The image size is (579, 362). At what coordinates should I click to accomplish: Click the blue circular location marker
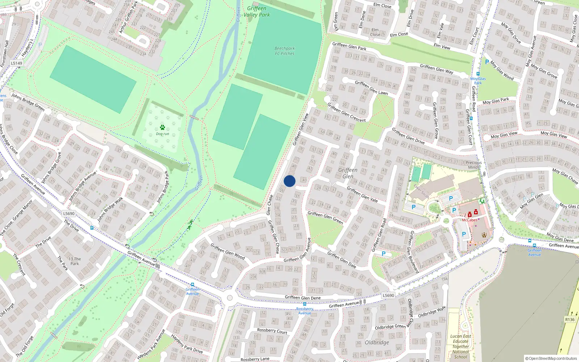(x=289, y=181)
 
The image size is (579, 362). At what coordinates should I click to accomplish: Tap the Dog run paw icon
(x=162, y=127)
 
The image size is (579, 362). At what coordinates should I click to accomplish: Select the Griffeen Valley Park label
(x=257, y=12)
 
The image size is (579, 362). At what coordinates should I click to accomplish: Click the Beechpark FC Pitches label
(x=284, y=51)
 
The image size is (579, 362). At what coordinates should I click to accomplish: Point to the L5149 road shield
(x=16, y=63)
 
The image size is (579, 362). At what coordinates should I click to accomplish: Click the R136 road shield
(x=570, y=319)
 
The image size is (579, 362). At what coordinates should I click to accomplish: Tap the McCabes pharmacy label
(x=469, y=220)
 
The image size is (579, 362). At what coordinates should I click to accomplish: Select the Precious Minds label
(x=474, y=165)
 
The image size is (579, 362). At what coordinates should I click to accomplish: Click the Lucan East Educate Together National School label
(x=461, y=346)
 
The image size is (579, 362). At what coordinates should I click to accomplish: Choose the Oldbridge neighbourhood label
(x=377, y=342)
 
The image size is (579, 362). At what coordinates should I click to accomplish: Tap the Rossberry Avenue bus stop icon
(x=304, y=304)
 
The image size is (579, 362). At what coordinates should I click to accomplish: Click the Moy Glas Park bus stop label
(x=478, y=80)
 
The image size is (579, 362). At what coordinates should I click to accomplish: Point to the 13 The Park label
(x=75, y=261)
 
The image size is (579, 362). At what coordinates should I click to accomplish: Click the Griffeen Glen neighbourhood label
(x=348, y=173)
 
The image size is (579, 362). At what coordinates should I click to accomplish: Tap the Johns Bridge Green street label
(x=28, y=102)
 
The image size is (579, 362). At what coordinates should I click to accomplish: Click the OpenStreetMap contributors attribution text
(x=551, y=358)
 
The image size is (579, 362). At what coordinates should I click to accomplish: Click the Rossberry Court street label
(x=272, y=331)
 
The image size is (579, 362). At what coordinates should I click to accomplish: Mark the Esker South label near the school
(x=422, y=191)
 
